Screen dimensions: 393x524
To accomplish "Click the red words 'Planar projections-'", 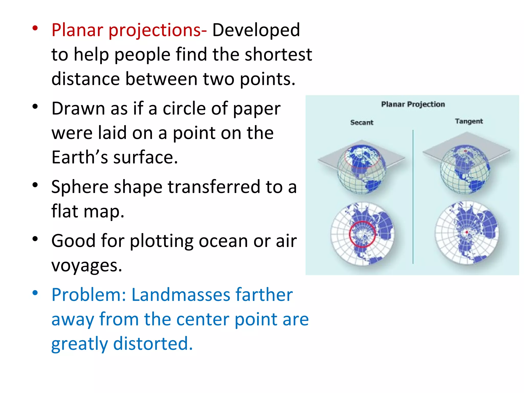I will point(129,30).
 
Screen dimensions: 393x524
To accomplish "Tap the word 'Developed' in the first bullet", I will point(256,30).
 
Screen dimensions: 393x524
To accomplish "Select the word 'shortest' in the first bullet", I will point(278,54).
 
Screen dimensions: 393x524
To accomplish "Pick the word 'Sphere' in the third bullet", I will point(80,187).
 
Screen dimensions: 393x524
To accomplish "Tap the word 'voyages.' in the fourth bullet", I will point(87,265).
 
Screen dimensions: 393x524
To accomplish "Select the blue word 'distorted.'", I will point(153,344).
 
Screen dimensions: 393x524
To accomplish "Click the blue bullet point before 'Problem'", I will point(35,292).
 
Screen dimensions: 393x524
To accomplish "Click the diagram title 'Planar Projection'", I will point(413,104).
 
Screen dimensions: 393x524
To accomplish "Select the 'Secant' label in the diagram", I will point(362,123).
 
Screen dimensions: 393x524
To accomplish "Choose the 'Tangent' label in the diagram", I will point(468,121).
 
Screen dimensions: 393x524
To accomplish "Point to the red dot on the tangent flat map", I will point(467,232).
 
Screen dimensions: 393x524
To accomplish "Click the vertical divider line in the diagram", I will point(413,197).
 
